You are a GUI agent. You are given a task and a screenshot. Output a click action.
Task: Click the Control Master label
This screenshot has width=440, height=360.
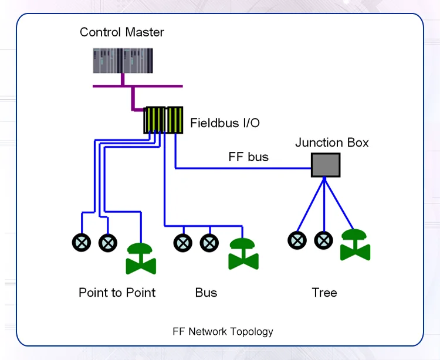point(122,32)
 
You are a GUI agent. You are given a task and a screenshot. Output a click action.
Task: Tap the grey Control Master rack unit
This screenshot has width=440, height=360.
point(123,61)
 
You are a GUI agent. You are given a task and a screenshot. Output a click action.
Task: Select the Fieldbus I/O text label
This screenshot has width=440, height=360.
point(225,123)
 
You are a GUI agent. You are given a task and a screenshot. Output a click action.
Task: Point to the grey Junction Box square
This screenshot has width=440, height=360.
point(326,165)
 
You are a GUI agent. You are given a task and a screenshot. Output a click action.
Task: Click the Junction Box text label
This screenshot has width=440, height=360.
point(331,142)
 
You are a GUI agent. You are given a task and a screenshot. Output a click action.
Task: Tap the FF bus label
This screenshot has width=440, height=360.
point(248,157)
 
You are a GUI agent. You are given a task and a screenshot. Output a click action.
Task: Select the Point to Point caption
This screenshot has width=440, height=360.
point(117,292)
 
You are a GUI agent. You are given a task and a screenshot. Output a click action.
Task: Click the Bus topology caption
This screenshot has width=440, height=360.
point(206,292)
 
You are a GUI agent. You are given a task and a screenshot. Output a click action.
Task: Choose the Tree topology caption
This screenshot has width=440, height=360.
point(324,292)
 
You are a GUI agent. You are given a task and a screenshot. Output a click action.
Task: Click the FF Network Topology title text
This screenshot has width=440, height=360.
point(223,331)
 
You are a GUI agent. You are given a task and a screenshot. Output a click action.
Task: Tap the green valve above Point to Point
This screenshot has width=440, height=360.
point(141,258)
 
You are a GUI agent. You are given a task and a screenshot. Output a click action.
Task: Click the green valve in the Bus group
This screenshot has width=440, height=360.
point(243,253)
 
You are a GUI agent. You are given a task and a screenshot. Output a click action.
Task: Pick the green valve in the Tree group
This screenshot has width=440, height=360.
point(355,244)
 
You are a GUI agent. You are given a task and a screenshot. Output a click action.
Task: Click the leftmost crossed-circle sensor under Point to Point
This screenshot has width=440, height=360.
point(82,243)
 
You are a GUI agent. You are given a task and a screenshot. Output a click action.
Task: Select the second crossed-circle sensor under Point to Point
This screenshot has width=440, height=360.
point(107,243)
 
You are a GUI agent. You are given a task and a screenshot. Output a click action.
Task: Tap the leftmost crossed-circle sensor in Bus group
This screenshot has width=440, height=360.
point(183,243)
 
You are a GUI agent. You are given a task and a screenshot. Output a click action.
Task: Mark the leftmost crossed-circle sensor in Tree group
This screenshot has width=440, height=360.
point(297,239)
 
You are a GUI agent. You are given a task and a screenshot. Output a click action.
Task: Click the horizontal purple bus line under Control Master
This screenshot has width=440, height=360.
point(138,86)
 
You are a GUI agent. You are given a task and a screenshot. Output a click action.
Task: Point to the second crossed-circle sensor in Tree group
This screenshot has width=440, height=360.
point(323,239)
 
